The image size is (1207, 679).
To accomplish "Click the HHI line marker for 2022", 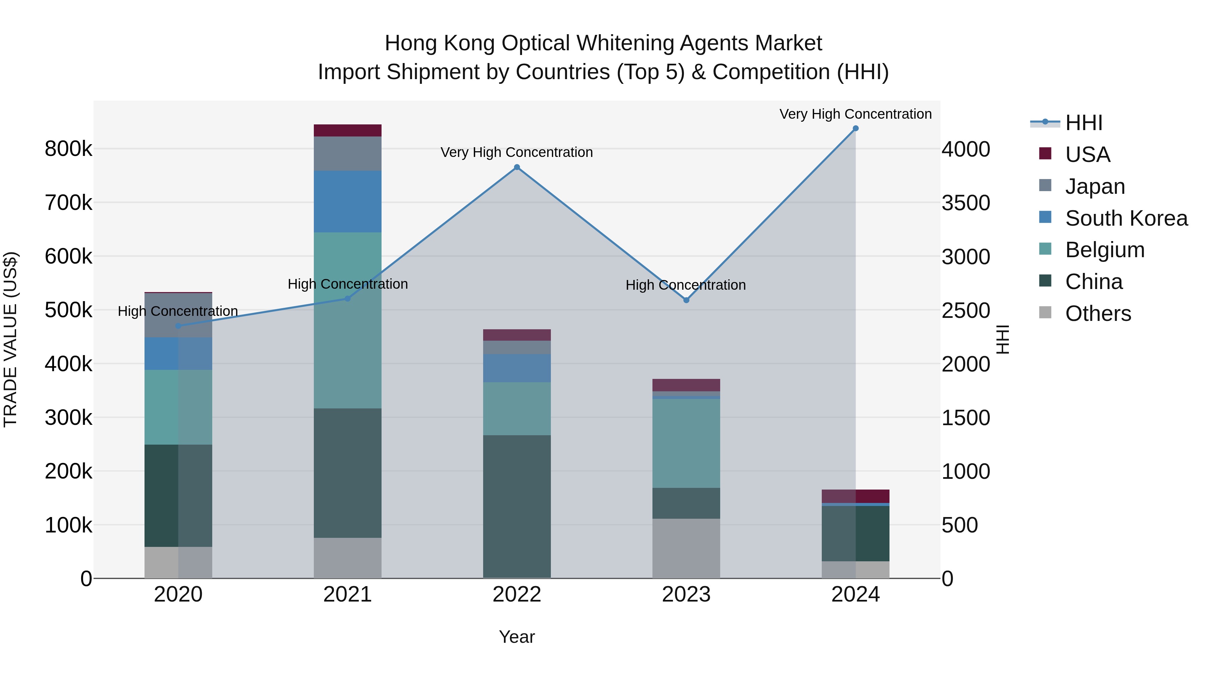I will [517, 167].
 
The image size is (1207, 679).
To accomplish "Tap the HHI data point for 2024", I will [856, 128].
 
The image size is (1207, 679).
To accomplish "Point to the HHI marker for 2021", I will [348, 298].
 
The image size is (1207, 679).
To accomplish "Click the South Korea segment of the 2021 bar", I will [348, 202].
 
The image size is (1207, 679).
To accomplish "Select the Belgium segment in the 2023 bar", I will [686, 443].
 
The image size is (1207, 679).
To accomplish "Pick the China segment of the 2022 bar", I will [517, 506].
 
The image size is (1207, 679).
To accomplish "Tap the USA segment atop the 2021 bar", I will [348, 130].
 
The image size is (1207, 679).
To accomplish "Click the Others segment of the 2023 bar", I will [686, 548].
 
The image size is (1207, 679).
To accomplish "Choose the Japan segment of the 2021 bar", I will [348, 154].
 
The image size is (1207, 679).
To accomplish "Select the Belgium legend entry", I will [1104, 250].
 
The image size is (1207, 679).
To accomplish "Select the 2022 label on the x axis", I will [517, 595].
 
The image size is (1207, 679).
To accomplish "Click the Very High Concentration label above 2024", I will [856, 114].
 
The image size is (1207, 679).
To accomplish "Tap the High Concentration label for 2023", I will [686, 285].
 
